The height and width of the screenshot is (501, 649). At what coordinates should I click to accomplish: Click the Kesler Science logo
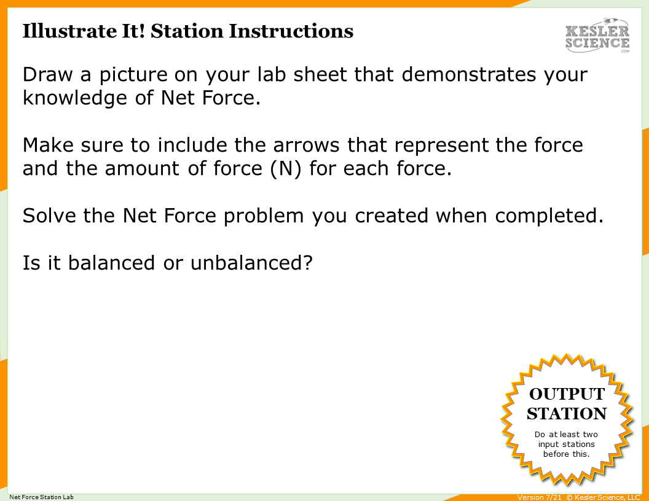click(597, 36)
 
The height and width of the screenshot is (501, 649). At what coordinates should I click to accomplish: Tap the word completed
click(545, 216)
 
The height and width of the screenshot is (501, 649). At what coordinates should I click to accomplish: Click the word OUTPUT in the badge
click(567, 394)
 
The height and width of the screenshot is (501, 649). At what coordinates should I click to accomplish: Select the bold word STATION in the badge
click(567, 414)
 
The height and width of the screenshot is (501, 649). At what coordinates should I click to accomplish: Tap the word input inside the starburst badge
click(549, 444)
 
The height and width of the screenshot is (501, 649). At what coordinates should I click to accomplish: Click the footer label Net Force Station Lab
click(41, 497)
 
